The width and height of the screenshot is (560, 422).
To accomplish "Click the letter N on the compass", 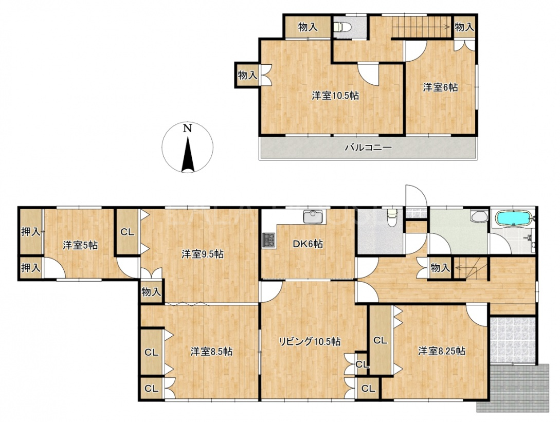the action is pos(188,128).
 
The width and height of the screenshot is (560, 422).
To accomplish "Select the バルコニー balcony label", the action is pos(368,147).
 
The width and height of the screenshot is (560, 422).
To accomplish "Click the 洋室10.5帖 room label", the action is pos(335,96).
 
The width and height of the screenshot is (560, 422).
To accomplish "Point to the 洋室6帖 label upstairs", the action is pos(440,87).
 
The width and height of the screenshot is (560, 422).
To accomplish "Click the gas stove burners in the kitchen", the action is pos(269,240).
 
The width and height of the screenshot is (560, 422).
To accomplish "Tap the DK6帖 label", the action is pos(308,244).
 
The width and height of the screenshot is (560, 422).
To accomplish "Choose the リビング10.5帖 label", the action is pos(309,342).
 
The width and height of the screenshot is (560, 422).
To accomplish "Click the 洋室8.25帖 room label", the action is pos(442,351).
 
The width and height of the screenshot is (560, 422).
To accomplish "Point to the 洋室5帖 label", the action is pos(80,245).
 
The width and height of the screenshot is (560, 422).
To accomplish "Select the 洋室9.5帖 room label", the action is pos(203,254).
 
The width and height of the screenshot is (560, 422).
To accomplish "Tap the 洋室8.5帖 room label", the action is pos(211,352).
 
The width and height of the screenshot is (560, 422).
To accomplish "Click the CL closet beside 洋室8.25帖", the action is pos(381,340).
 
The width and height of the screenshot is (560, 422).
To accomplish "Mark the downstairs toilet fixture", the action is pos(392,217).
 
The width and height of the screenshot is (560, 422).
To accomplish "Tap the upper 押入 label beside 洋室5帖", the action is pos(30,232).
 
